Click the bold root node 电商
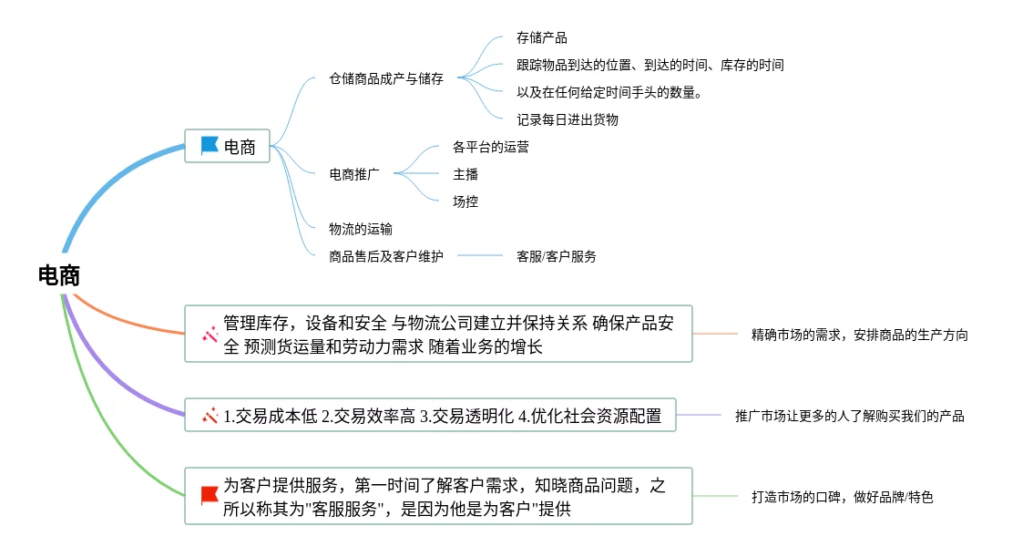(59, 276)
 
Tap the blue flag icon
(210, 145)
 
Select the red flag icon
(210, 495)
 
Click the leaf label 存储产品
(541, 38)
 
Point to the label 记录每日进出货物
(567, 119)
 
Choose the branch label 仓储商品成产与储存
(386, 78)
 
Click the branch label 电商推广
(354, 174)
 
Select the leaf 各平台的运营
(490, 147)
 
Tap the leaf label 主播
(465, 174)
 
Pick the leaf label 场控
(465, 201)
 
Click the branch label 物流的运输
(361, 229)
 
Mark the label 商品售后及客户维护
(386, 256)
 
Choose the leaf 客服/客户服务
(556, 256)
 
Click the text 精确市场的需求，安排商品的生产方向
(859, 335)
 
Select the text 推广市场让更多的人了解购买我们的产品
(849, 416)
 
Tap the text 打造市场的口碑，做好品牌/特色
(842, 497)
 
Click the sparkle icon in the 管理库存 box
(210, 335)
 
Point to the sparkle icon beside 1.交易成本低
(210, 416)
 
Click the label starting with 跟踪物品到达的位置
(650, 65)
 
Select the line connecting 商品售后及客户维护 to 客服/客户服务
(480, 256)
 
